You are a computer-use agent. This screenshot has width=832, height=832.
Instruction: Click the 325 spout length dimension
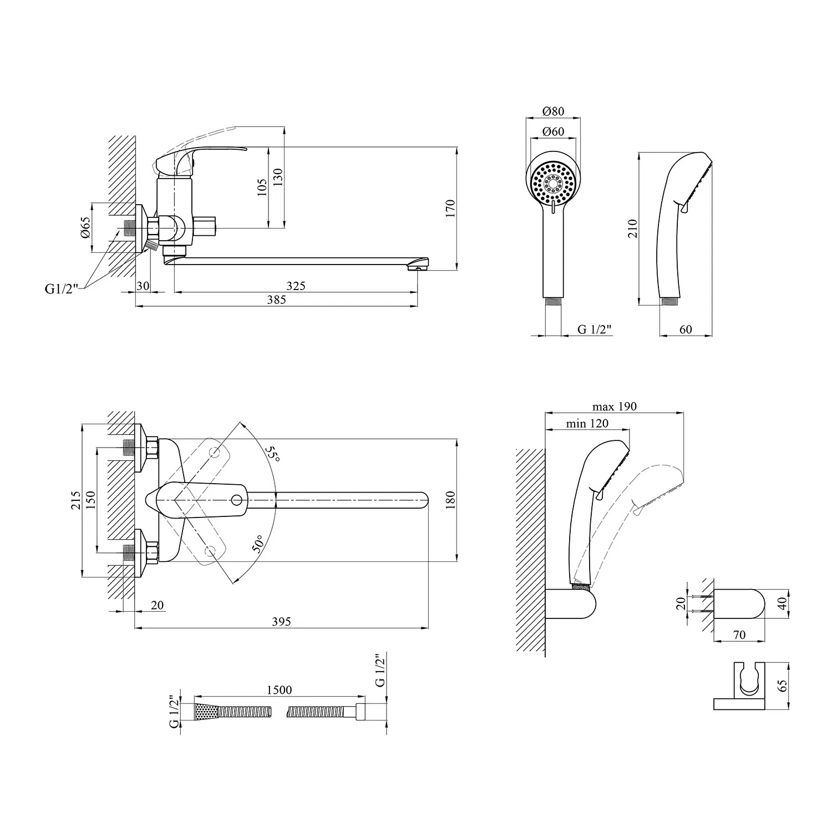point(296,286)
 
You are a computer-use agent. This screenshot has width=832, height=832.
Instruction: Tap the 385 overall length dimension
point(277,300)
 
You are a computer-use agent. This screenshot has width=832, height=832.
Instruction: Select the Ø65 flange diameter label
point(85,227)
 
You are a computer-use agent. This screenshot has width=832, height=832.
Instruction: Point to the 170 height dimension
point(450,208)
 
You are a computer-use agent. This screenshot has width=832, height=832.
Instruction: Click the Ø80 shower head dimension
point(553,111)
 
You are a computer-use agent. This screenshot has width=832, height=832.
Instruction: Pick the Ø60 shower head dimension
point(553,131)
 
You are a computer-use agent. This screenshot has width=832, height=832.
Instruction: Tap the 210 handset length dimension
point(633,228)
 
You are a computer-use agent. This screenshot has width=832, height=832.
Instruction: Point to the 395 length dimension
point(281,622)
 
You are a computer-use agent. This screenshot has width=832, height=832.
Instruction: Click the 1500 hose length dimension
point(279,690)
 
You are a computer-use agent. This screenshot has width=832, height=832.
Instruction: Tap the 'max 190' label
point(614,407)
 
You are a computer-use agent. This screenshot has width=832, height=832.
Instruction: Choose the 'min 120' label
point(587,424)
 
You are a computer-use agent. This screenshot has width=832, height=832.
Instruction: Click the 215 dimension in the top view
point(76,500)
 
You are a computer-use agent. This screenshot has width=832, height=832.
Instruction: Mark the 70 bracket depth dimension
point(739,635)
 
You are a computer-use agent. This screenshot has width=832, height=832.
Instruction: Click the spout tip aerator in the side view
point(416,267)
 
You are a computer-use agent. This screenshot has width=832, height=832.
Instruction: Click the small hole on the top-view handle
point(236,501)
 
